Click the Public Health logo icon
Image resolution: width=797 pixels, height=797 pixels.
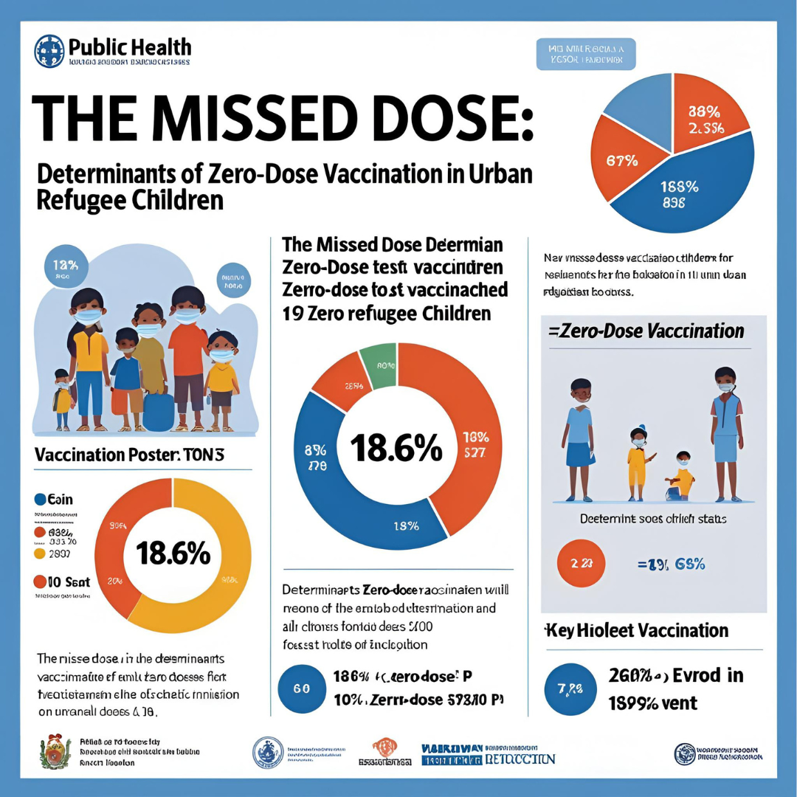[49, 51]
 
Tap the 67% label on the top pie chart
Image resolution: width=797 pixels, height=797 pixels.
[621, 162]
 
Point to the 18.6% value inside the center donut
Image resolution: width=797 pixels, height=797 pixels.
[397, 448]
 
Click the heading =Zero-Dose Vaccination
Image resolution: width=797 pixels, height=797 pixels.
[646, 331]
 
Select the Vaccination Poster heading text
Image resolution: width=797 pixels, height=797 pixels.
[129, 456]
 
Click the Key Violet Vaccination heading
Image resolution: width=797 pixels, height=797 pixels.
[636, 630]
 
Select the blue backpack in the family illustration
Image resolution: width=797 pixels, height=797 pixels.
[158, 412]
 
